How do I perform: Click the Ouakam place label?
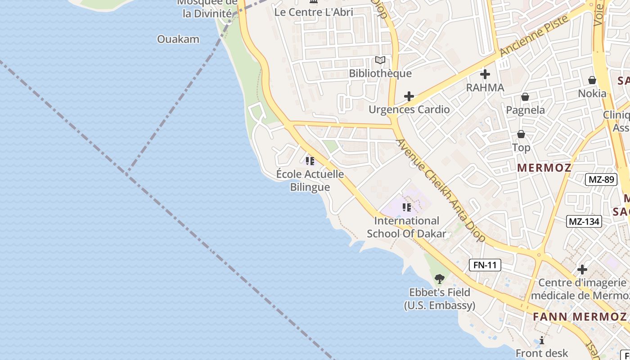coord(178,39)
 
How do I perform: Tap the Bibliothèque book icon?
coord(380,60)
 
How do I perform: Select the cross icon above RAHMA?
coord(485,74)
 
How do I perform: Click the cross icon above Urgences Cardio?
coord(409,96)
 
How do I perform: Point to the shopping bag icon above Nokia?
coord(592,81)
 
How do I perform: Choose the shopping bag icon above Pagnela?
coord(525,97)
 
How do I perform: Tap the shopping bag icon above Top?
coord(521,134)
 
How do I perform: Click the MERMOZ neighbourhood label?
coord(544,168)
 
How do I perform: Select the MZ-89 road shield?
coord(601,180)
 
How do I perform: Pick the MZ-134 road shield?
coord(584,221)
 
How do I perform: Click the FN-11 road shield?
coord(485,265)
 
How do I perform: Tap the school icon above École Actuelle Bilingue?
coord(310,161)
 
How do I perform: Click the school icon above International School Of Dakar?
coord(407,207)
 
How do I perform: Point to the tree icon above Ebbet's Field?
coord(440,279)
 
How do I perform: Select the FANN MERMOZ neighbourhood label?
coord(580,316)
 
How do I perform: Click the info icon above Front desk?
coord(542,340)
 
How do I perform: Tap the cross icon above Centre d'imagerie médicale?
coord(582,270)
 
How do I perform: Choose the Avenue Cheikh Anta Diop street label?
coord(441,190)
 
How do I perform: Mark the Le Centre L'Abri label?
coord(314,12)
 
